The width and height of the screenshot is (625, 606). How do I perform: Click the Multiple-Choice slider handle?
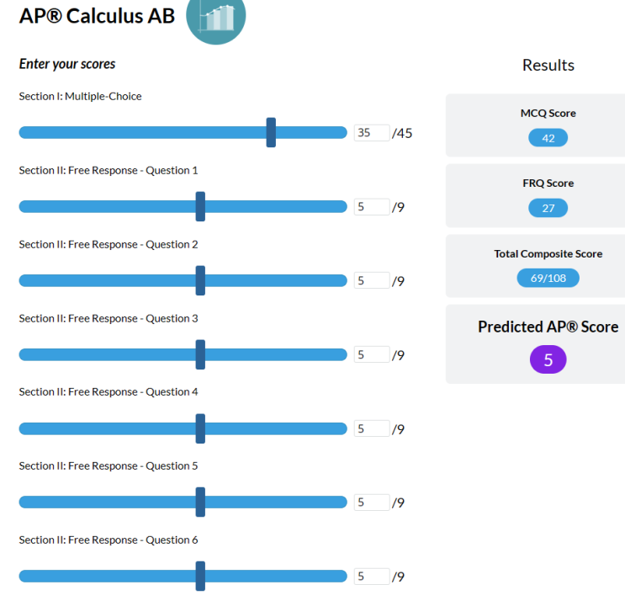coord(271,132)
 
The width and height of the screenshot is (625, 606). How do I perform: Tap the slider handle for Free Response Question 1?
coord(200,206)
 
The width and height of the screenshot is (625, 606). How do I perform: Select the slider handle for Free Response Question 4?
coord(200,428)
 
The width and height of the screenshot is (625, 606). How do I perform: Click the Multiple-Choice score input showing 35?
coord(372,133)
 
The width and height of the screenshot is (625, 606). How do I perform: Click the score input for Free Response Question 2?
coord(372,281)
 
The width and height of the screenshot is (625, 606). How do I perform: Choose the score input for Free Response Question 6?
coord(372,577)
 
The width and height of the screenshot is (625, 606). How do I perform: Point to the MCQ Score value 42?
coord(548,138)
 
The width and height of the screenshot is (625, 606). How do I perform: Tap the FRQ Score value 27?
coord(548,208)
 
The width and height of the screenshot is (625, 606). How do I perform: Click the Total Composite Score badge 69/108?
coord(548,278)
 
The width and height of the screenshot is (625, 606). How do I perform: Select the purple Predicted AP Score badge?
coord(548,360)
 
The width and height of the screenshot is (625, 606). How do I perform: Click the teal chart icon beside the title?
coord(216,16)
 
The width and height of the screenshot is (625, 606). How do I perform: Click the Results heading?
coord(548,65)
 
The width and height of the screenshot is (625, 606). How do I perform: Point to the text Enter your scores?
coord(67,64)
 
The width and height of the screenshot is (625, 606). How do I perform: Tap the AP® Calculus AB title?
coord(97,15)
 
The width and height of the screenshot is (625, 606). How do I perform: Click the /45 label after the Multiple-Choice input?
coord(402,133)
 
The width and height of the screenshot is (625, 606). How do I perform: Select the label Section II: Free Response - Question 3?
coord(109,318)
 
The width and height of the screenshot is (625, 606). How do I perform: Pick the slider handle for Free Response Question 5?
coord(200,502)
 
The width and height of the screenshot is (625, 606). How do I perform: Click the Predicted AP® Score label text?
coord(548,327)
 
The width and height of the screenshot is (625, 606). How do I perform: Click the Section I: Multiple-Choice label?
coord(80,96)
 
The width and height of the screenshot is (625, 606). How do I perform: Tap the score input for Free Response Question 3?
coord(372,355)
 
